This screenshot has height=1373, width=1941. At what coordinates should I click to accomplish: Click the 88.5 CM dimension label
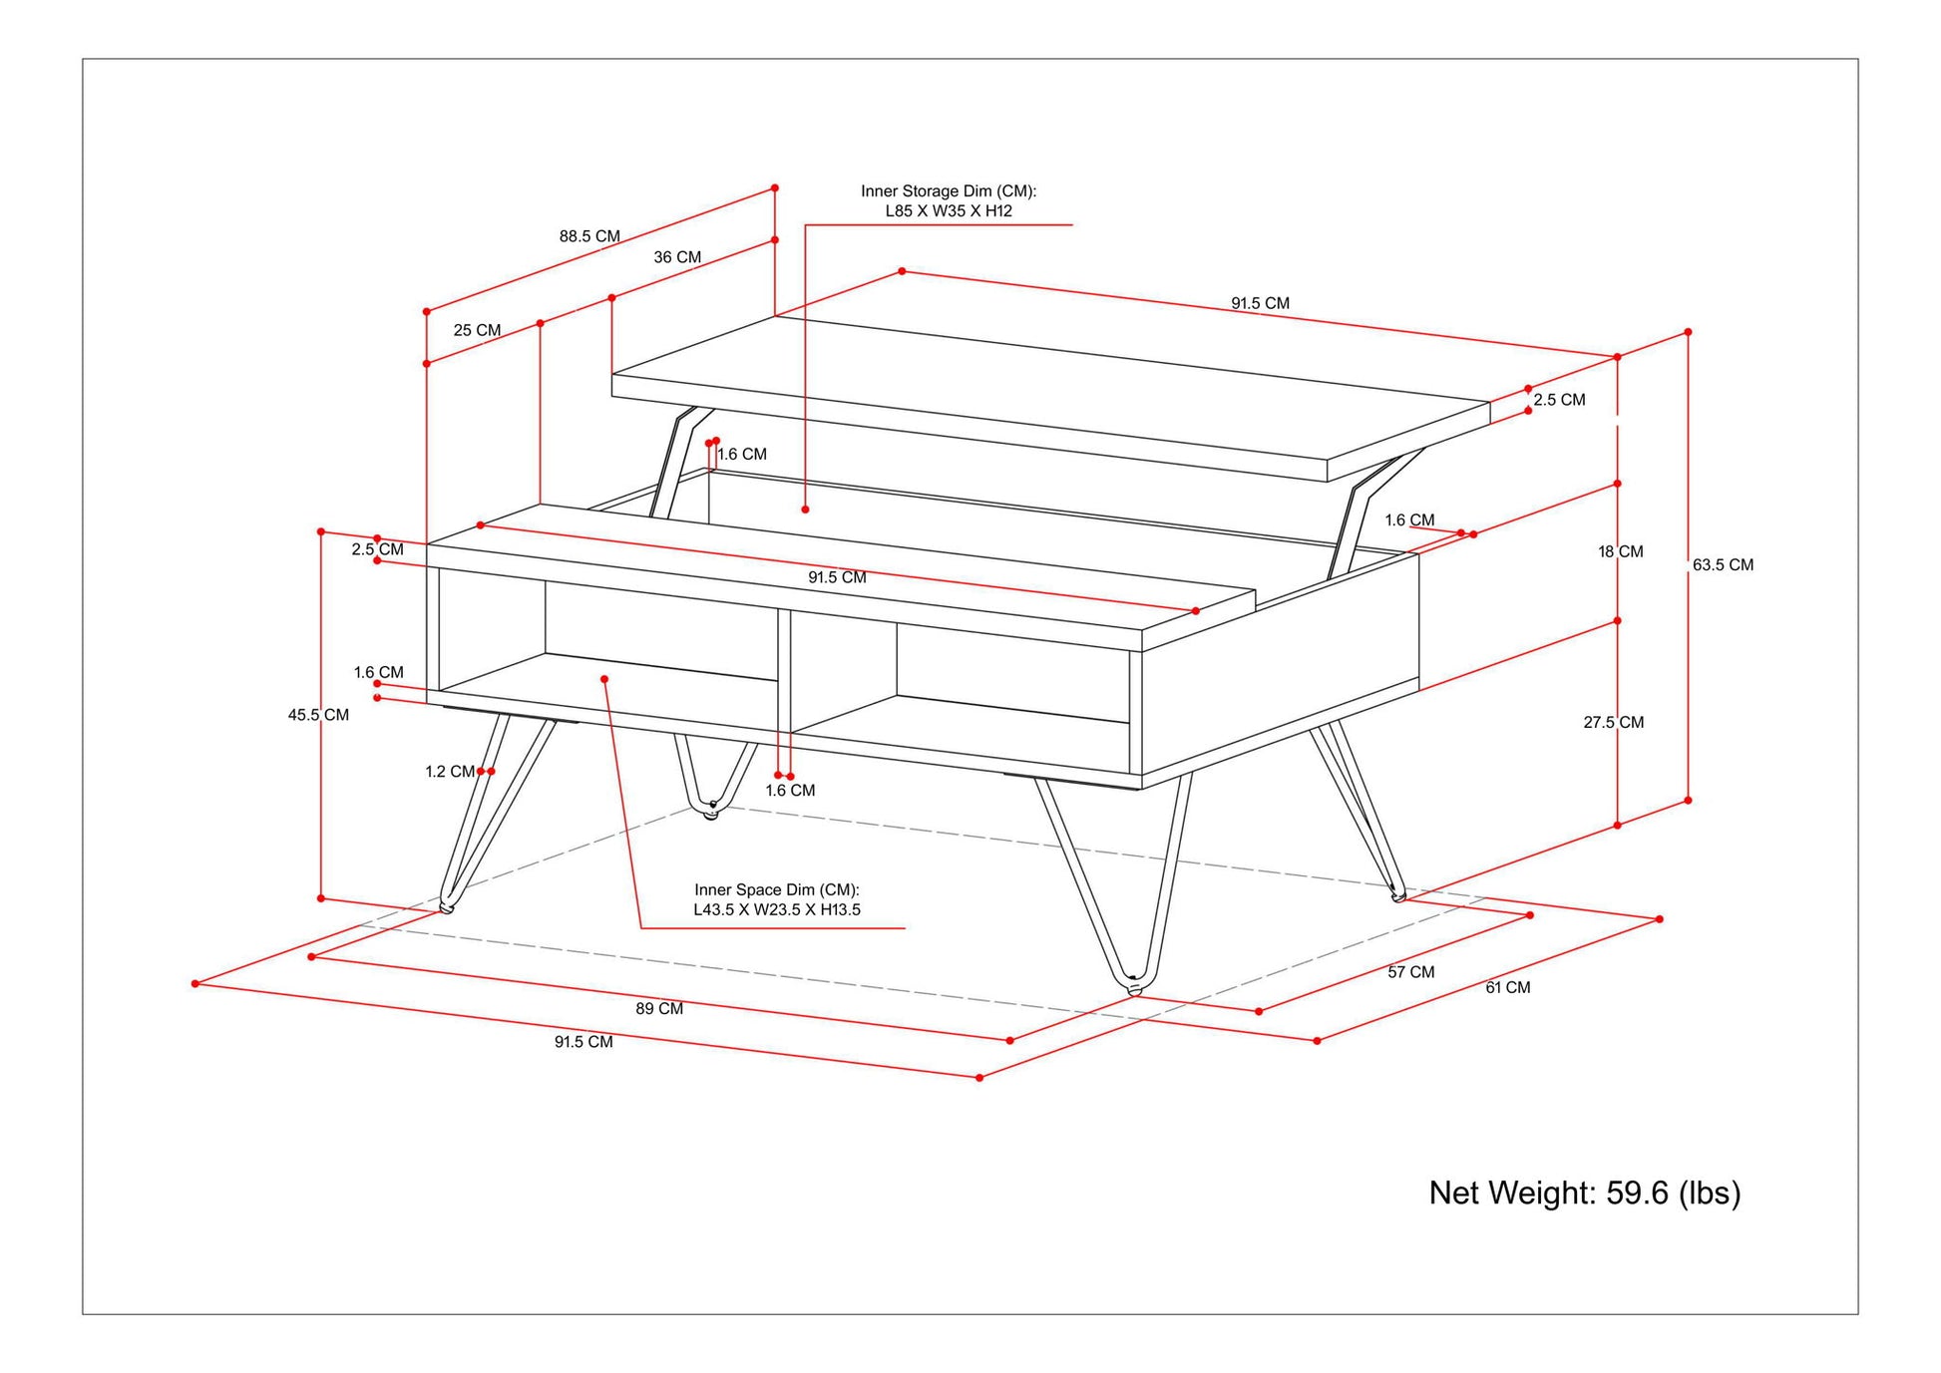coord(589,236)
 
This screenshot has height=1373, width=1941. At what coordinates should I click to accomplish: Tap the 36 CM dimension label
coord(677,257)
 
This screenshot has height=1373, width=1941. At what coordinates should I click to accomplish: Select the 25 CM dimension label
coord(477,330)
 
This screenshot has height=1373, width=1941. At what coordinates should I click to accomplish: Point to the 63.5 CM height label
coord(1723,564)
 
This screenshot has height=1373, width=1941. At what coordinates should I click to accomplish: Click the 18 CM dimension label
coord(1620,551)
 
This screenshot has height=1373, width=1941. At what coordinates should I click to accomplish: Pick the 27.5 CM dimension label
coord(1613,722)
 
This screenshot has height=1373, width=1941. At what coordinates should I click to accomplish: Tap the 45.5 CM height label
coord(318,715)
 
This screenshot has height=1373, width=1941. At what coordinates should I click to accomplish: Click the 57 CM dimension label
coord(1410,972)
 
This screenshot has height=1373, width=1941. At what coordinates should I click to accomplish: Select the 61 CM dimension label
coord(1507,987)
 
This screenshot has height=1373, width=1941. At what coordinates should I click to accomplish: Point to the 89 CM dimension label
coord(659,1008)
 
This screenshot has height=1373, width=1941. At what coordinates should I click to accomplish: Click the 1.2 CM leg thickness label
coord(450,772)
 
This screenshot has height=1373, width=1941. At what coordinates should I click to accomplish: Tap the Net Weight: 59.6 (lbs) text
coord(1584,1193)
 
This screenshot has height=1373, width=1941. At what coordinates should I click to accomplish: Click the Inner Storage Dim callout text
coord(949,200)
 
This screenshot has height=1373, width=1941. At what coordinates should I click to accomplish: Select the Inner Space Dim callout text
coord(777,899)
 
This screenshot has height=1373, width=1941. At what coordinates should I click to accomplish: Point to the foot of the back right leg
coord(1397,896)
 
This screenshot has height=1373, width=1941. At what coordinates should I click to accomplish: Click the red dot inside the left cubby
coord(604,679)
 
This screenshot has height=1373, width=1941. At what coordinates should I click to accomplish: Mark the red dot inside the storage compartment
coord(805,510)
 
